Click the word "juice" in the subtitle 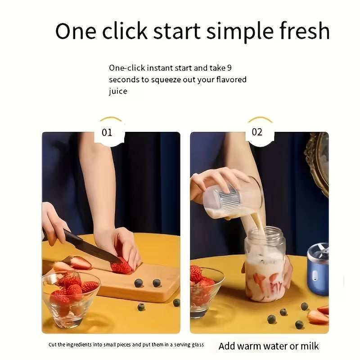(x=118, y=91)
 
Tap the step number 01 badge (x=107, y=132)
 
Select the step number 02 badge (x=257, y=132)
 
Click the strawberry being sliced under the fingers (x=121, y=267)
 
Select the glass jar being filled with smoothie (x=265, y=268)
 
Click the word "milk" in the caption (x=309, y=346)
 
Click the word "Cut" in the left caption (x=53, y=345)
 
